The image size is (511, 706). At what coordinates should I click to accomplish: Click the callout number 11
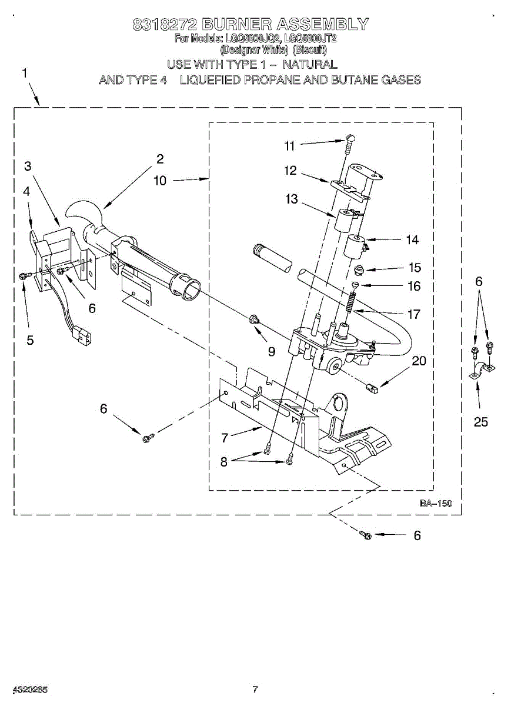(x=289, y=145)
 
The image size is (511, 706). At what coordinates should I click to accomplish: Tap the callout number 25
(x=481, y=422)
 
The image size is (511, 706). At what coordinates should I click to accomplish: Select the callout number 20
(x=419, y=361)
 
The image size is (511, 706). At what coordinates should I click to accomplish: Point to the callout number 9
(x=271, y=351)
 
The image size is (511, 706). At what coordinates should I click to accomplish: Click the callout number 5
(x=30, y=339)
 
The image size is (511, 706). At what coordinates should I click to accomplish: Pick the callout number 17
(x=414, y=314)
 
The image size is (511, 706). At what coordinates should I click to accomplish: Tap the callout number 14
(x=412, y=239)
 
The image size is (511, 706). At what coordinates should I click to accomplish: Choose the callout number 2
(x=159, y=158)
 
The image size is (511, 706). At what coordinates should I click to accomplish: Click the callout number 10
(x=161, y=181)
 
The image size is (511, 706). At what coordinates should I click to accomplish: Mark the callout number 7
(x=224, y=438)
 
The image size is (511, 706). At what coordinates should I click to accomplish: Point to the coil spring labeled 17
(x=349, y=303)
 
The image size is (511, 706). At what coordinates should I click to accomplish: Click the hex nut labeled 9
(x=255, y=320)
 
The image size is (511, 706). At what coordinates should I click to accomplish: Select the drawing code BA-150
(x=435, y=504)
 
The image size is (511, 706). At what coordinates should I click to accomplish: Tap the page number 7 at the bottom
(x=255, y=689)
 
